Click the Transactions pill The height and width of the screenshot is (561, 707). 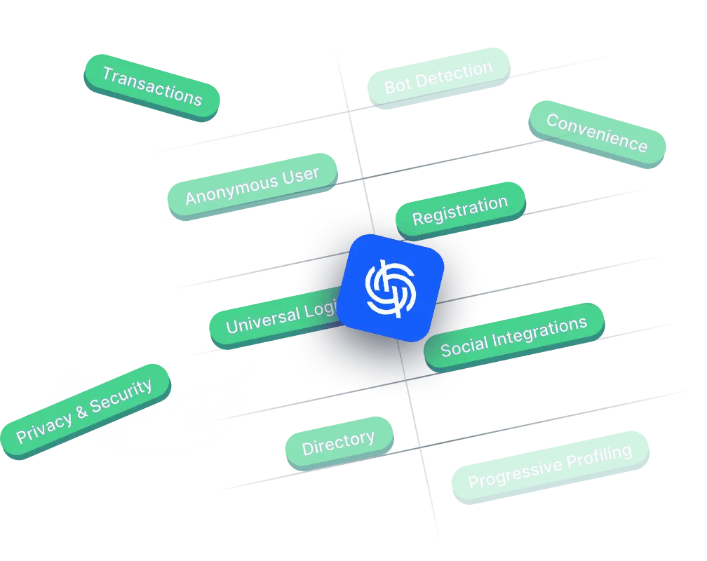point(151,86)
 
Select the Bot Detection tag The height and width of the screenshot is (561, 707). point(438,77)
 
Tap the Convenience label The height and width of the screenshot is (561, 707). point(596,133)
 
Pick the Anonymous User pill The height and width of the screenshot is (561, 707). point(252,185)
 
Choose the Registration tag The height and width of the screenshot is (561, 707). point(460,210)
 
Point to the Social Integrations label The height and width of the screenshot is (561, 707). point(513,335)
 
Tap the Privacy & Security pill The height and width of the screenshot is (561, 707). point(84,412)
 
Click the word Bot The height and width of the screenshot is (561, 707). point(398,86)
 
